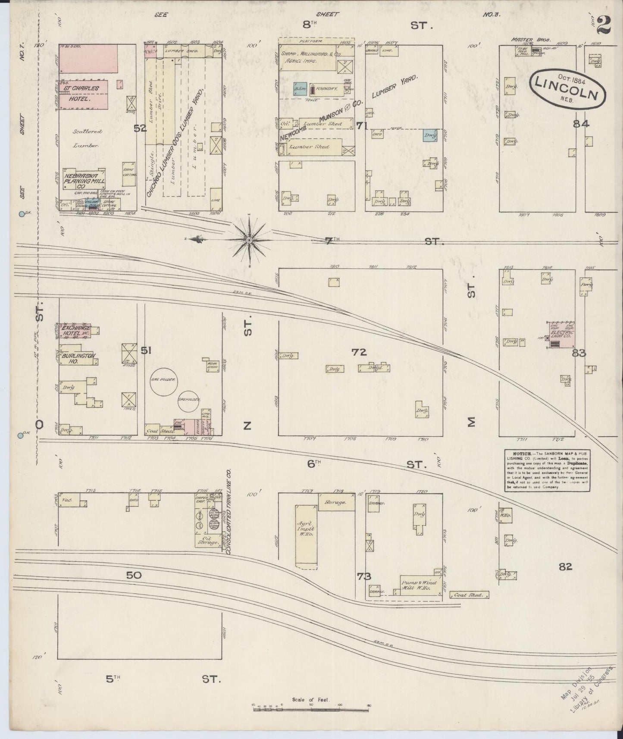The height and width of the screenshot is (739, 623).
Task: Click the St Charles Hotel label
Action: click(x=82, y=93)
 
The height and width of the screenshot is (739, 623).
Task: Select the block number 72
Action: click(x=359, y=352)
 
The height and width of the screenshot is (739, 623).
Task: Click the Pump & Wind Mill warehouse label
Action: click(x=419, y=586)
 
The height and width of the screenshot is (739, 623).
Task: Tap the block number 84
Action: click(x=581, y=124)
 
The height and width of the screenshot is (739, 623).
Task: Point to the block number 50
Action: click(x=134, y=575)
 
